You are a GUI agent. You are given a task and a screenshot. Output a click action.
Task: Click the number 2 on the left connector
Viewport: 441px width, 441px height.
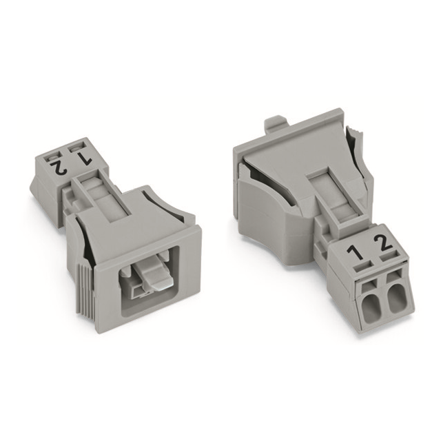61,167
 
